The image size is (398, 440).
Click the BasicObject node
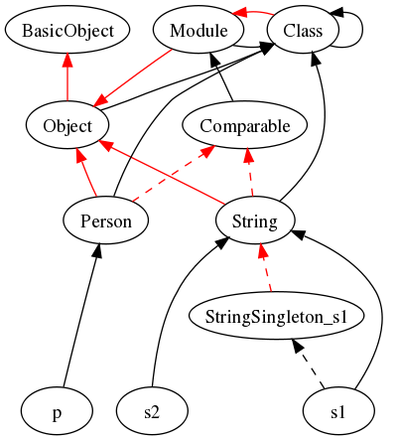pos(67,30)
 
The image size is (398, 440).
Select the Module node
pos(199,30)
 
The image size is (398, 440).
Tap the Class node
pos(303,30)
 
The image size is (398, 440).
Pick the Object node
pos(67,125)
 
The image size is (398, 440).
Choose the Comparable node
pos(245,125)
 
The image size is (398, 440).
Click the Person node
pos(106,220)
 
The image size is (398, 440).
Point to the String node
pos(255,220)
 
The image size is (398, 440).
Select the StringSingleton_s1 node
pos(277,316)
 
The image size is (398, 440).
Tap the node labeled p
pos(57,411)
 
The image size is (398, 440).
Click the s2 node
pos(152,411)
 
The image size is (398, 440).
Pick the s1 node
pos(338,411)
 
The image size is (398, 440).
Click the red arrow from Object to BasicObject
pos(67,77)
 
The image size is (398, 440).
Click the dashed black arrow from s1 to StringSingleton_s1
pos(308,364)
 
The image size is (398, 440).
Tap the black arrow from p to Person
pos(80,316)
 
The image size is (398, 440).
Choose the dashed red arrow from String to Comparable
pos(250,173)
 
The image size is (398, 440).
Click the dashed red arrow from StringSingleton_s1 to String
pos(266,268)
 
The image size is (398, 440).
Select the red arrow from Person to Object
pos(86,173)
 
